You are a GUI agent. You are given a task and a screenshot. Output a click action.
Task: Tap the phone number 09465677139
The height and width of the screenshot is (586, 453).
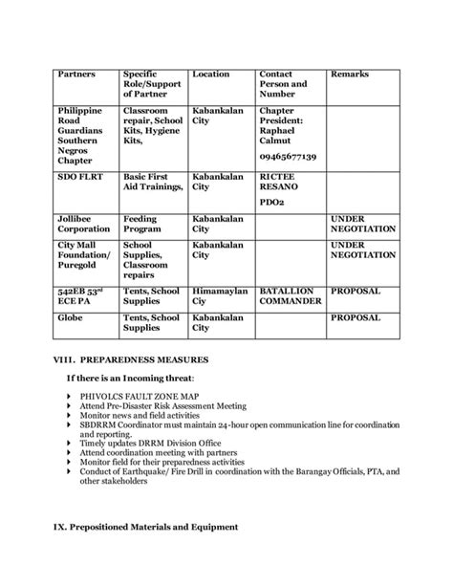click(288, 156)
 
